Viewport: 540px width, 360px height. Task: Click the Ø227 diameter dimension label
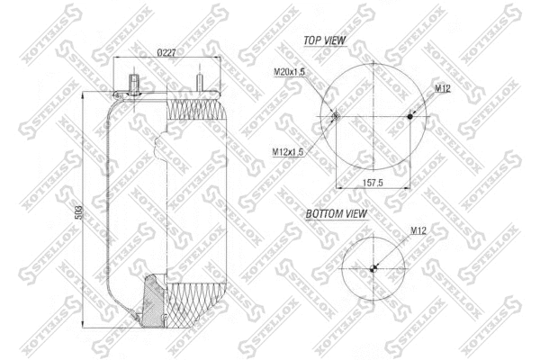[166, 52]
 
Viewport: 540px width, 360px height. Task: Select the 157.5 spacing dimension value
[373, 182]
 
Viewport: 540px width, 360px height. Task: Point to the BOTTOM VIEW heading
[337, 214]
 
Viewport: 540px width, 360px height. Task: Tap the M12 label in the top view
[442, 88]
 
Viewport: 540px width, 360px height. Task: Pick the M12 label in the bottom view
[418, 231]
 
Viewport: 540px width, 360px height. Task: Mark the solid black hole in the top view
[410, 115]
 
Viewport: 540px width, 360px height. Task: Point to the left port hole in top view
[335, 115]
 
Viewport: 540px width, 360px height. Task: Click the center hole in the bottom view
[373, 267]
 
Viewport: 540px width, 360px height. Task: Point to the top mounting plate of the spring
[166, 92]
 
